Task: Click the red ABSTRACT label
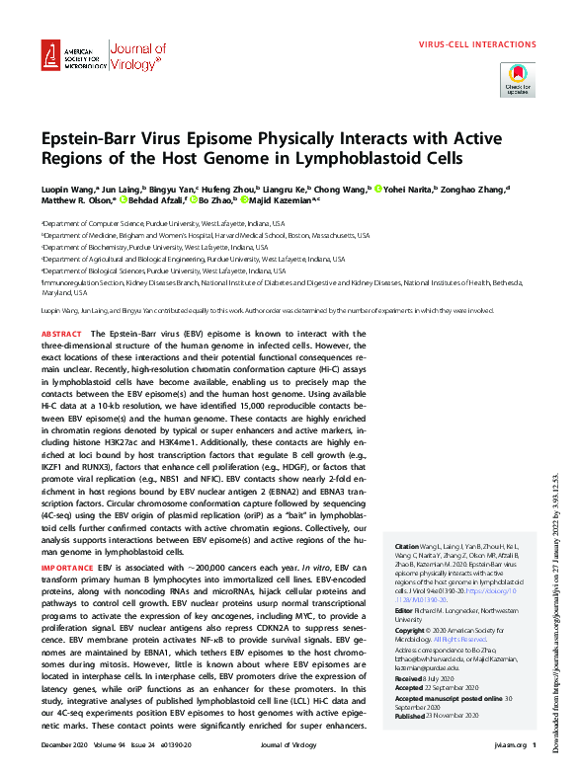[x=62, y=336]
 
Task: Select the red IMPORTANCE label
[x=68, y=541]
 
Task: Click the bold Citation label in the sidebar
[x=406, y=546]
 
